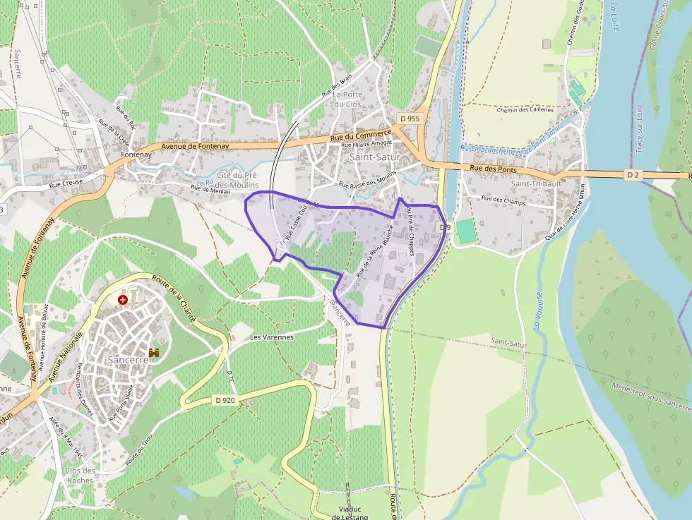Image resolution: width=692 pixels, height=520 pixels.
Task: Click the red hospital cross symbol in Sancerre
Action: [124, 300]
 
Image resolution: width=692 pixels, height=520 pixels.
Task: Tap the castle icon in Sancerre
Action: [154, 351]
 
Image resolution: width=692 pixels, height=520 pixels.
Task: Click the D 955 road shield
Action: [409, 119]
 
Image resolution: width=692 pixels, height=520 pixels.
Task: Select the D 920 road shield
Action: [225, 400]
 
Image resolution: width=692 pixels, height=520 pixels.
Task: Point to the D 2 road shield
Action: [633, 174]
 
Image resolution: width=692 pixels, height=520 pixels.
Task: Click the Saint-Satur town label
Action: [374, 157]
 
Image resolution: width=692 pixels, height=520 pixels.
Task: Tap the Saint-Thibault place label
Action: [536, 183]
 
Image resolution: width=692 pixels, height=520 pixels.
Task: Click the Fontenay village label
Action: [136, 155]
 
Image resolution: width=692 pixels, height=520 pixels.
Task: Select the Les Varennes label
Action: [271, 337]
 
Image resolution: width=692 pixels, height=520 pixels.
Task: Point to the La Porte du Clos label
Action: [347, 99]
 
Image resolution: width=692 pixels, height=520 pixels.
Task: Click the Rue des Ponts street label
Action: [493, 169]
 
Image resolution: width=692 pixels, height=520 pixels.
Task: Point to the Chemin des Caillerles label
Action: [525, 110]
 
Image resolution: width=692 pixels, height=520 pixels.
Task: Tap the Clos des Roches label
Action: [79, 476]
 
